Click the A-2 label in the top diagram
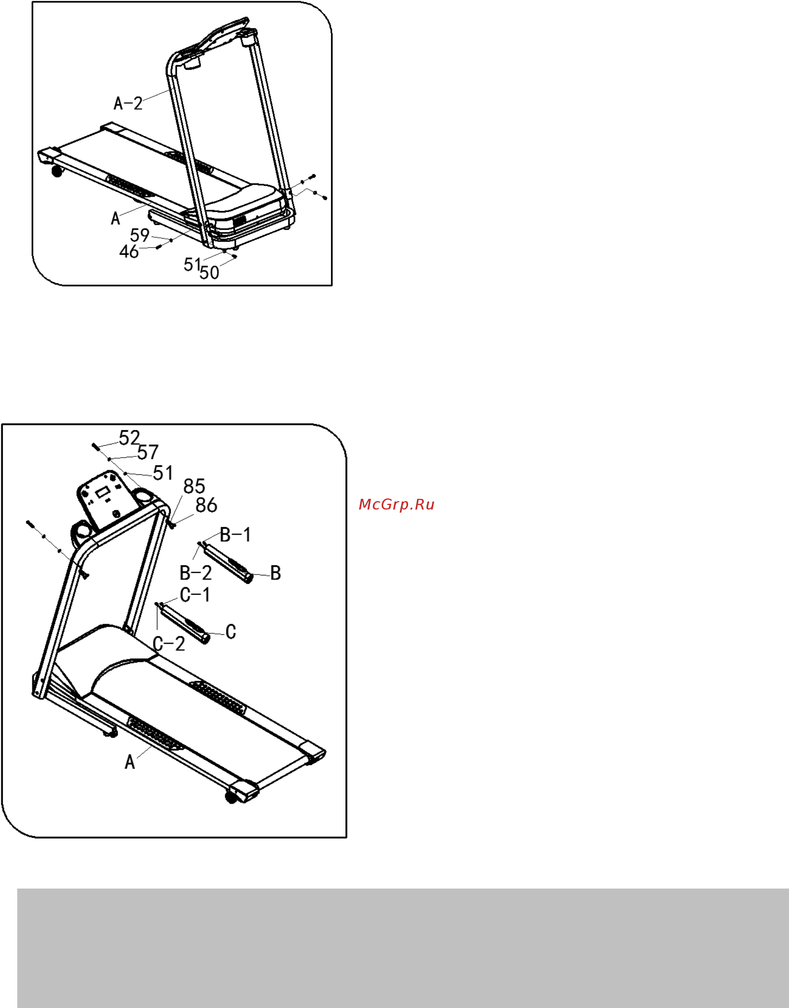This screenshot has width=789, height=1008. tap(128, 103)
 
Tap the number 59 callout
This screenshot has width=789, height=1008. tap(139, 235)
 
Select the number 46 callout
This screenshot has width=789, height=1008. tap(129, 252)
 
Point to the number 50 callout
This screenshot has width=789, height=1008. tap(209, 273)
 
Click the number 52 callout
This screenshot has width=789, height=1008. tap(129, 438)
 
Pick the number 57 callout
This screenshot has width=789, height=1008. tap(148, 452)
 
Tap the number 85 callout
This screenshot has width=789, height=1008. tap(194, 487)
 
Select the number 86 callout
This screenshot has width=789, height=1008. tap(206, 505)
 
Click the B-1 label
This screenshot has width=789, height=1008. tap(235, 534)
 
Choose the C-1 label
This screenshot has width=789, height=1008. tap(195, 595)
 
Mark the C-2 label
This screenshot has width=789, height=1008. tap(168, 644)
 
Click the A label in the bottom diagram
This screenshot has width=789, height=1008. tap(130, 762)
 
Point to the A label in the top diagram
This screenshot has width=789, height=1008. tap(116, 218)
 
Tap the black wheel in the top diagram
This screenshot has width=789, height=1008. tap(56, 172)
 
